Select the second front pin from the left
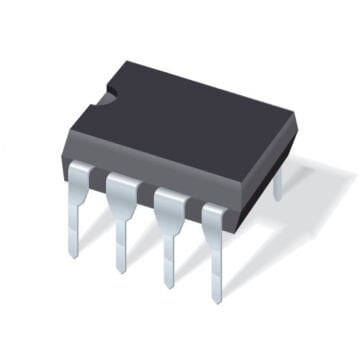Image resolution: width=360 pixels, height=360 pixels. pos(121,220)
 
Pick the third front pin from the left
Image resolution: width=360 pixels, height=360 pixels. pos(167,235)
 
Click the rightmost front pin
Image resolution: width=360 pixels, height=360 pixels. pos(214,250)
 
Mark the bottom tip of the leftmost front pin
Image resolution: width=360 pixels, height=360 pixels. pos(73,255)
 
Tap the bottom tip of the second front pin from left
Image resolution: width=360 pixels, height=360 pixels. pos(121,270)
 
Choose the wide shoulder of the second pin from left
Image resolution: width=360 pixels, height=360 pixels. pos(121,190)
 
